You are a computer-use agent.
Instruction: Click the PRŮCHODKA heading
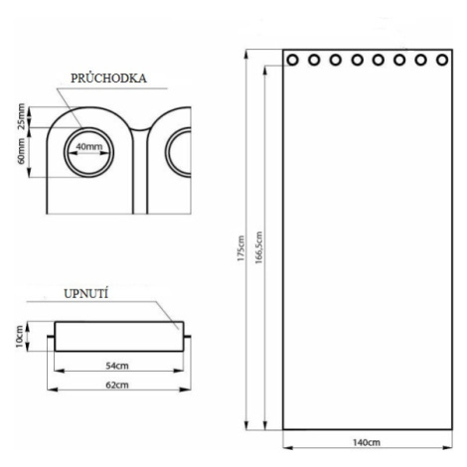click(108, 78)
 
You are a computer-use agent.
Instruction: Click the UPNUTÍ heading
click(85, 294)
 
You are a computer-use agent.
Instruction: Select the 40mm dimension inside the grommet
click(89, 147)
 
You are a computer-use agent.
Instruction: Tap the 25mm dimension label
click(21, 116)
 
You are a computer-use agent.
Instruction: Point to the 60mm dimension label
click(21, 151)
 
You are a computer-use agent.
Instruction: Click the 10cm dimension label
click(20, 337)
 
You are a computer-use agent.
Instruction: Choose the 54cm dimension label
click(117, 366)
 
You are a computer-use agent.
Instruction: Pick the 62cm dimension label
click(117, 386)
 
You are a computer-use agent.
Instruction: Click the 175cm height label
click(240, 248)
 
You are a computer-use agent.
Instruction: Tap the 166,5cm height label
click(258, 247)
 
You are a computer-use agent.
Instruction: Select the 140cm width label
click(367, 442)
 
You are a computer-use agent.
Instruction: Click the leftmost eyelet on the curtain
click(292, 61)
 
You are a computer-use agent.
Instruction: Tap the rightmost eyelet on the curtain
click(442, 61)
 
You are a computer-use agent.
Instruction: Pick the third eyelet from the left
click(336, 61)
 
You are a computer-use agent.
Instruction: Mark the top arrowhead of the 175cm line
click(246, 54)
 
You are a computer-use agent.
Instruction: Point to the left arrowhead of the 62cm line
click(53, 389)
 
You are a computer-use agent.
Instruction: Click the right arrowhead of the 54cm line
click(179, 371)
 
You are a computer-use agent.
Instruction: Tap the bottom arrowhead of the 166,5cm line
click(265, 425)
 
